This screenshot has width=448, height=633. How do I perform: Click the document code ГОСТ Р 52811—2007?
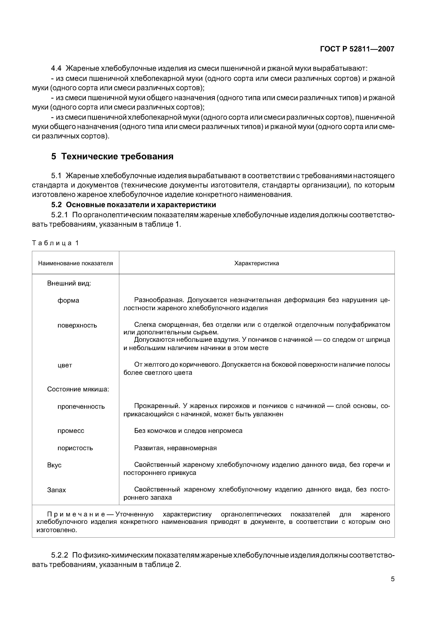[357, 49]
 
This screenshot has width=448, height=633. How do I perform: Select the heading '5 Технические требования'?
[112, 157]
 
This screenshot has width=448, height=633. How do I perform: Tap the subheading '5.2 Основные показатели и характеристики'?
[134, 205]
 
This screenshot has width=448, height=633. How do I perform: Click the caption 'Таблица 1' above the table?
[55, 243]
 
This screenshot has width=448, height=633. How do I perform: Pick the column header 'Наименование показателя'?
[75, 263]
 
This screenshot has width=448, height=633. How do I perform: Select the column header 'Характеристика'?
[257, 263]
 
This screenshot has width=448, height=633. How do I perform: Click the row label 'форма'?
[68, 300]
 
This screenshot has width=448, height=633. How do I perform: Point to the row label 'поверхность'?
[77, 325]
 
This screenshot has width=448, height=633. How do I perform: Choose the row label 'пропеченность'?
[81, 407]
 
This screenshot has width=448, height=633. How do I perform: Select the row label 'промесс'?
[71, 431]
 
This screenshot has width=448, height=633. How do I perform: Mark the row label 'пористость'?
[75, 448]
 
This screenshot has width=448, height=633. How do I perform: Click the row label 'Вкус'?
[54, 465]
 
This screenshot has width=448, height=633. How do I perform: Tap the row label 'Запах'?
[56, 490]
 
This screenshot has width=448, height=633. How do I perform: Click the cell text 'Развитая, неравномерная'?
[175, 448]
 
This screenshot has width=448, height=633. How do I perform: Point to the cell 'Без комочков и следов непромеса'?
[188, 431]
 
